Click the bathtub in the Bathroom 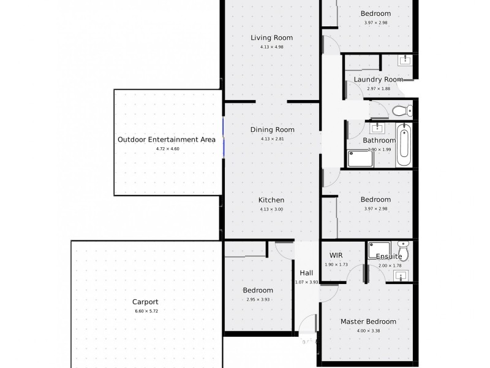[404, 145]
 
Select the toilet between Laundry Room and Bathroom [402, 111]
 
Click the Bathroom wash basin [378, 128]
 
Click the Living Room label [272, 37]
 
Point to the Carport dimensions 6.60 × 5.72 [146, 311]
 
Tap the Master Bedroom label [368, 321]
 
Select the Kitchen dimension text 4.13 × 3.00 [272, 209]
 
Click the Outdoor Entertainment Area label [166, 139]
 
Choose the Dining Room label [272, 129]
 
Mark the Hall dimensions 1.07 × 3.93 [306, 282]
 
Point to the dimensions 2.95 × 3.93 [258, 299]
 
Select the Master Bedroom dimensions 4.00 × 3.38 [368, 331]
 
